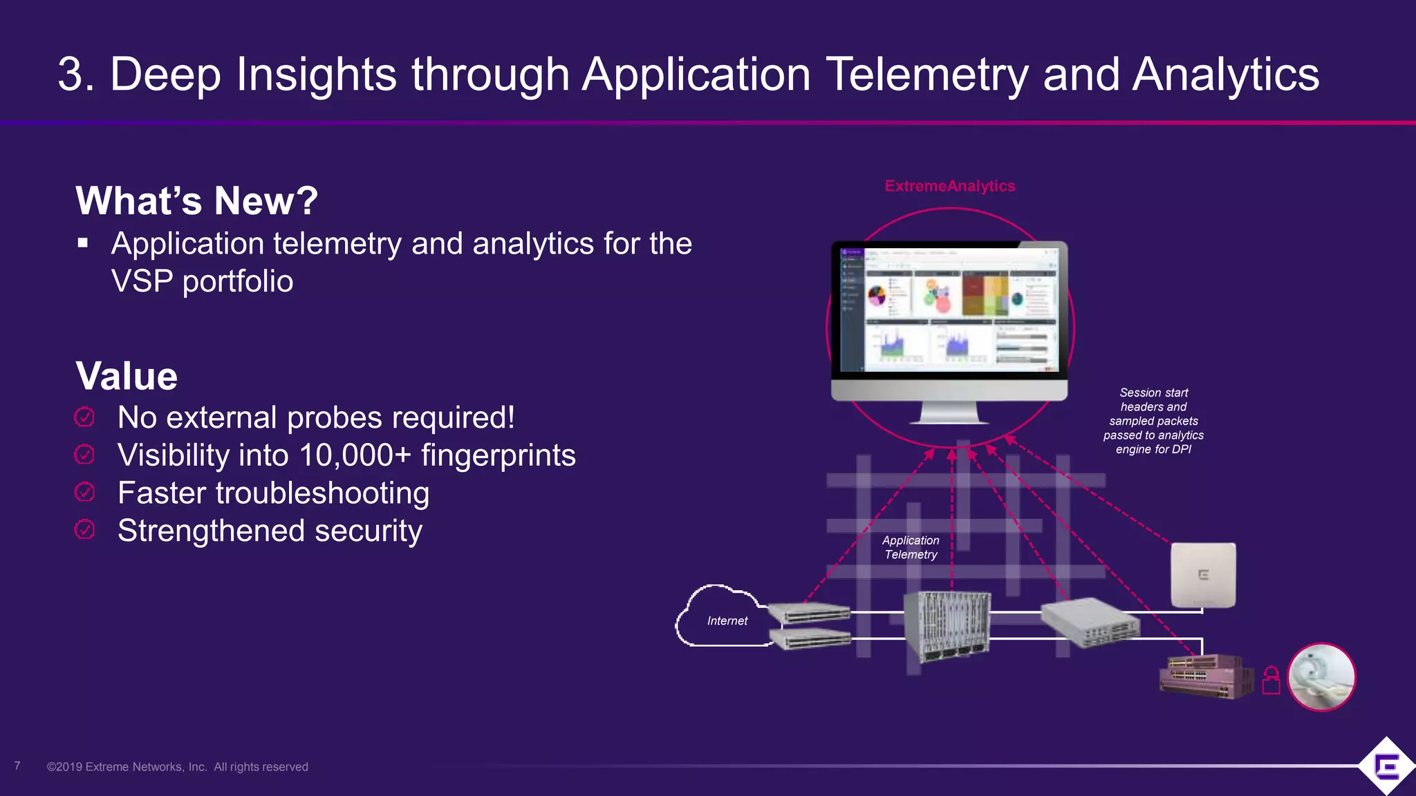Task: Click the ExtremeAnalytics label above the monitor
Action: [x=949, y=186]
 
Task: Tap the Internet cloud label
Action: [x=727, y=621]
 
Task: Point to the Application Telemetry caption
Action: [x=911, y=547]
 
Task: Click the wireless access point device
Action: [x=1203, y=576]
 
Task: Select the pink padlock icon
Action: [x=1271, y=680]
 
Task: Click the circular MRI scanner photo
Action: [x=1321, y=677]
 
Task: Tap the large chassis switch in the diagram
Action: [x=947, y=625]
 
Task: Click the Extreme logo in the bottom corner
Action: [x=1386, y=766]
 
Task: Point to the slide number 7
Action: [x=17, y=766]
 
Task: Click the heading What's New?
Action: [x=197, y=201]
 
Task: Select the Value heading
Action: [x=127, y=377]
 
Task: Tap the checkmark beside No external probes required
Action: [x=84, y=417]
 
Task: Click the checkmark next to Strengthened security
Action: [x=84, y=530]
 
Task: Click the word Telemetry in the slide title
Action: [x=927, y=75]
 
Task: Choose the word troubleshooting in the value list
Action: [x=322, y=493]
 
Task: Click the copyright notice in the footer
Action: [x=178, y=767]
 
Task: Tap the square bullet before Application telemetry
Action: [x=83, y=243]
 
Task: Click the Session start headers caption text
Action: [x=1153, y=421]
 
